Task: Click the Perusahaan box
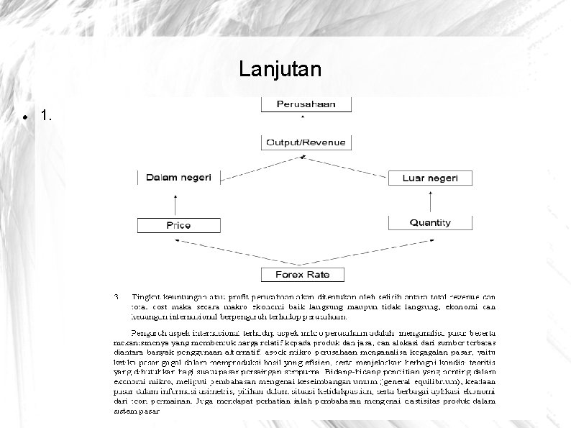pyautogui.click(x=306, y=104)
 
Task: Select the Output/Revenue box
pyautogui.click(x=306, y=142)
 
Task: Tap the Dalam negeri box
pyautogui.click(x=178, y=177)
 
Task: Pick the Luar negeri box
pyautogui.click(x=431, y=177)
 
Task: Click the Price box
pyautogui.click(x=178, y=224)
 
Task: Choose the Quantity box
pyautogui.click(x=430, y=223)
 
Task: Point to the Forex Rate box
pyautogui.click(x=303, y=274)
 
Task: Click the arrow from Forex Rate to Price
pyautogui.click(x=230, y=252)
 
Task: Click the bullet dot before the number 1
pyautogui.click(x=25, y=116)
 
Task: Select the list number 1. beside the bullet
pyautogui.click(x=47, y=115)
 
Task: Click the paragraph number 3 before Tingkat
pyautogui.click(x=117, y=296)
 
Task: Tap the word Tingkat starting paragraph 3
pyautogui.click(x=146, y=296)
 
